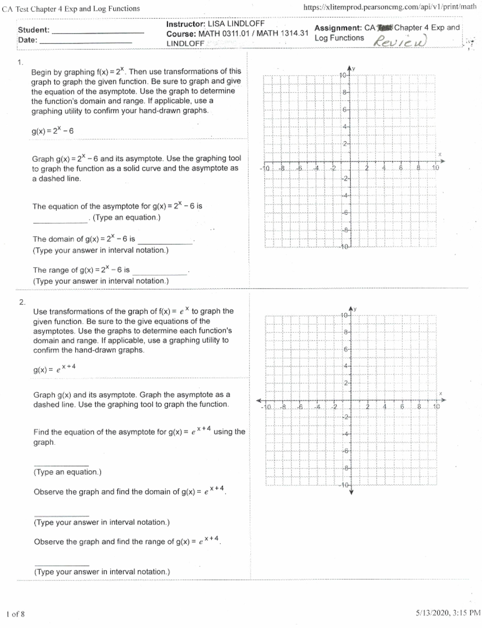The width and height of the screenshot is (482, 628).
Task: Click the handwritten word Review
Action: (400, 41)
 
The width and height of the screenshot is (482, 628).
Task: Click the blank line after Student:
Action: (98, 32)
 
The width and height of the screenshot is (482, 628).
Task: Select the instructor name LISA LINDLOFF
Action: (236, 24)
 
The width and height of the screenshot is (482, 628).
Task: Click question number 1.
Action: (20, 62)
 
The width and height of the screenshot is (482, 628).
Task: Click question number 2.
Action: (22, 302)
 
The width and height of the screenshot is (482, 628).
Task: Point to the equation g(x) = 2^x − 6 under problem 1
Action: (53, 131)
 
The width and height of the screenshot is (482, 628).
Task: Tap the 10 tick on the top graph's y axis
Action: (343, 75)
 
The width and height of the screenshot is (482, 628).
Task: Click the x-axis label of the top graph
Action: (439, 154)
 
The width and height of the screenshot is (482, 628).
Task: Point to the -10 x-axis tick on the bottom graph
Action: (266, 407)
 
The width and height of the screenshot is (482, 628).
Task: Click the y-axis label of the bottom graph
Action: (355, 309)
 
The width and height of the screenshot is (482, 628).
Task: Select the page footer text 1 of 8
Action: (16, 614)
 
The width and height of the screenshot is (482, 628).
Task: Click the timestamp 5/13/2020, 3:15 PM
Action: (448, 613)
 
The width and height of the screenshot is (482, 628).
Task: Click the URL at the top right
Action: (390, 7)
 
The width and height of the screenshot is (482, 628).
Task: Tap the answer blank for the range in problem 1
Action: (160, 274)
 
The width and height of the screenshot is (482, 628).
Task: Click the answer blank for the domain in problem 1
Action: (165, 243)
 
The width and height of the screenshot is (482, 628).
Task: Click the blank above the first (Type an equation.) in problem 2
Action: (61, 465)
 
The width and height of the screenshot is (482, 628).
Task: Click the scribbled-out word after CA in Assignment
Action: (384, 28)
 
